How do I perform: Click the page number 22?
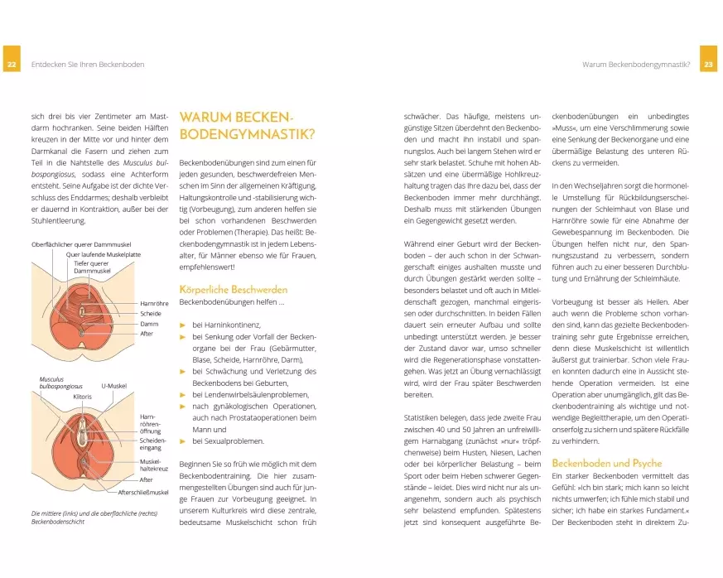coord(12,65)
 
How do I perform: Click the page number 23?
coord(709,65)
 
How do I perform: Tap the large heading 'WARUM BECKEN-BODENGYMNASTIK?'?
coord(237,127)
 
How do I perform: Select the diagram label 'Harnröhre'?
coord(154,304)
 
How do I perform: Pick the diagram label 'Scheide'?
coord(150,314)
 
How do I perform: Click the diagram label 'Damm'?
coord(148,324)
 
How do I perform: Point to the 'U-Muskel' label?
coord(113,386)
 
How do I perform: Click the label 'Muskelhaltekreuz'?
coord(151,465)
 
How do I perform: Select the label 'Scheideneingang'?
coord(152,443)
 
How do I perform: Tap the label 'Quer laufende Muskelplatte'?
coord(104,255)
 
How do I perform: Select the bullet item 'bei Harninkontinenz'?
coord(224,325)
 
